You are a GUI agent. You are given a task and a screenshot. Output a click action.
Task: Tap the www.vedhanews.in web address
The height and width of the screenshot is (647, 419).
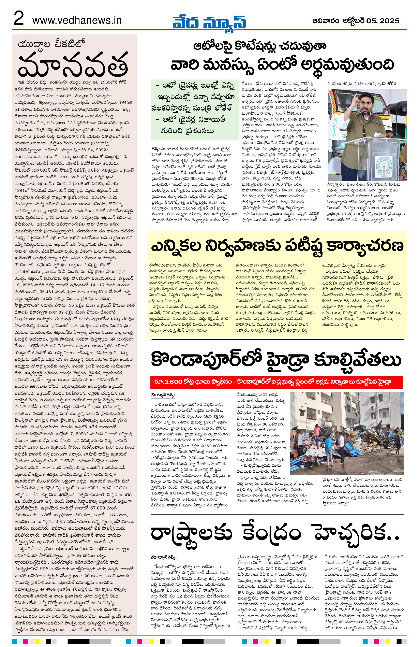point(77,20)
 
